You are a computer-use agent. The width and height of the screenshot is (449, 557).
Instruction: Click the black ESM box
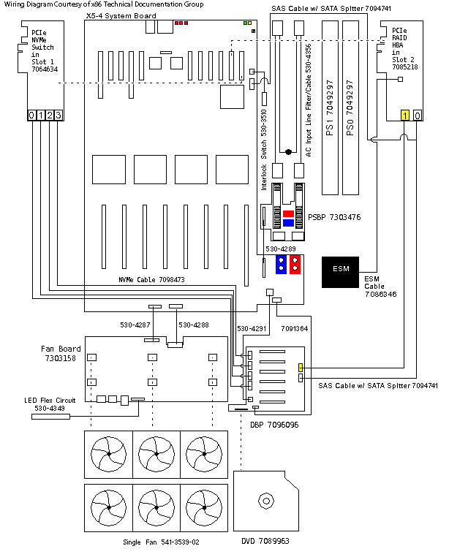click(x=342, y=269)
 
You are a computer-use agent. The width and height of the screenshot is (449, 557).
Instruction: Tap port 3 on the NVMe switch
click(x=58, y=115)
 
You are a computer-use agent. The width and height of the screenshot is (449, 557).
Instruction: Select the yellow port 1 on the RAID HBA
click(x=404, y=115)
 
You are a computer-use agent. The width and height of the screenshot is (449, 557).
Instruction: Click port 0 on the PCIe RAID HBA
click(x=417, y=115)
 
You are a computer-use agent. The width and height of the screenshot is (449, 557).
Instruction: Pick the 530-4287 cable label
click(x=135, y=324)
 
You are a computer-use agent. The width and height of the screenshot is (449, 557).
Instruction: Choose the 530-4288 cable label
click(x=194, y=324)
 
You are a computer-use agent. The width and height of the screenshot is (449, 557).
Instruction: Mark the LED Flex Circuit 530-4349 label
click(x=50, y=403)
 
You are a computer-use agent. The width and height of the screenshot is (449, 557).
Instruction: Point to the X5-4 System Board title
click(x=121, y=15)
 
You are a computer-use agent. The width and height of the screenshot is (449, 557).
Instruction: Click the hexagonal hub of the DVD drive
click(x=265, y=501)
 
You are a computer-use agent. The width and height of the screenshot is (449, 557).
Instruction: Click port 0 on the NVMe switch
click(x=31, y=115)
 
